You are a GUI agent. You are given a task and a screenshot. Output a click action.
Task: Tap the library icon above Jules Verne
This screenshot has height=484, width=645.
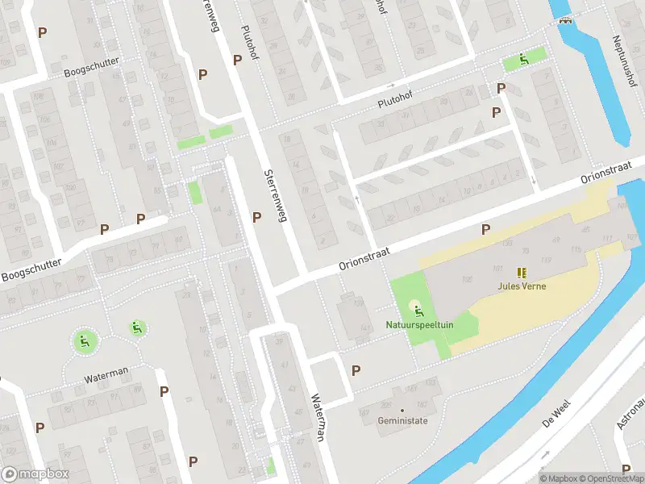click(x=521, y=273)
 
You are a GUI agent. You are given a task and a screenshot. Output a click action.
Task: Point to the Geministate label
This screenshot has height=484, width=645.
click(x=402, y=420)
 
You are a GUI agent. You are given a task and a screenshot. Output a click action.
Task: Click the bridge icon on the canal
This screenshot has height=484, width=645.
click(x=566, y=21)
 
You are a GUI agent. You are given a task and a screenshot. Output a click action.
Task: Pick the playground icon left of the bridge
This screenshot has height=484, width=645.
click(x=524, y=58)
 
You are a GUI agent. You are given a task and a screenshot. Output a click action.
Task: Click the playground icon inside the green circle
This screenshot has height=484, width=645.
click(x=84, y=340)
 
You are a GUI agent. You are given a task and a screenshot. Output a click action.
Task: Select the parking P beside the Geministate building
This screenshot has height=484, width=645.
click(x=356, y=370)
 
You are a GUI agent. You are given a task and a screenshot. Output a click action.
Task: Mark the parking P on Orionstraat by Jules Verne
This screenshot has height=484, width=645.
click(x=485, y=230)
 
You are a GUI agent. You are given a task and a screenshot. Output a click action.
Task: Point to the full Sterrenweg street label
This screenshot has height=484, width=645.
click(x=274, y=195)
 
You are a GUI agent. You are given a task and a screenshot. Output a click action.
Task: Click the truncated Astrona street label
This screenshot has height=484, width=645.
click(x=629, y=412)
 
